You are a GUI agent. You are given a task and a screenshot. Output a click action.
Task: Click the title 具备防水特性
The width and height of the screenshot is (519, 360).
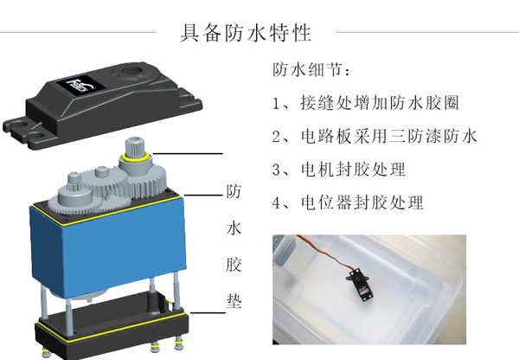click(246, 33)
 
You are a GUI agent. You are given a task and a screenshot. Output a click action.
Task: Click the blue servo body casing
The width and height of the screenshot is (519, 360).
click(107, 247)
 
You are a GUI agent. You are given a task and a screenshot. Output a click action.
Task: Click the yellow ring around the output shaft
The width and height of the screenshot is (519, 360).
click(137, 157)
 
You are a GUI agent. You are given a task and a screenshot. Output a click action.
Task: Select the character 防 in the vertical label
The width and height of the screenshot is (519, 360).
click(234, 191)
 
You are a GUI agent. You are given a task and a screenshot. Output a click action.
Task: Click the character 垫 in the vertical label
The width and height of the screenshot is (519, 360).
click(234, 300)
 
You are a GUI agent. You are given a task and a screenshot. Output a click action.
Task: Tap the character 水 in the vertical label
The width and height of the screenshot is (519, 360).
click(234, 228)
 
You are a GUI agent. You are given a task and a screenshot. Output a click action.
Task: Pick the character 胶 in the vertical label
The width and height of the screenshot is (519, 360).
click(234, 264)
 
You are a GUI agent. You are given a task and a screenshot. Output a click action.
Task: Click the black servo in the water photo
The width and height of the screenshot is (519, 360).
click(361, 285)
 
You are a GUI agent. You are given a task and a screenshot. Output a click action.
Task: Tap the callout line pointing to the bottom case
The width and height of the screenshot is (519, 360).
click(208, 312)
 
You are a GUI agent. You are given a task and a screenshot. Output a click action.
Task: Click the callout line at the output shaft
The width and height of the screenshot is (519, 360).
click(188, 154)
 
